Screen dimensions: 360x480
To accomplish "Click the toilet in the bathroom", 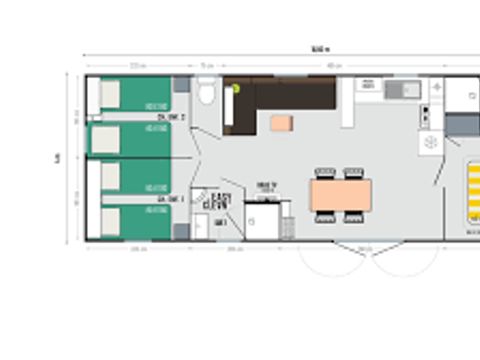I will [206, 94].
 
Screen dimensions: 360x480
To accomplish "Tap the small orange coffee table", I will [281, 123].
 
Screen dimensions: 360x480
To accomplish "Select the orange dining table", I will [340, 193].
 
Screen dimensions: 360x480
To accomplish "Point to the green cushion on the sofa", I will [236, 89].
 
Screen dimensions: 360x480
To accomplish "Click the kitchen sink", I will [405, 91].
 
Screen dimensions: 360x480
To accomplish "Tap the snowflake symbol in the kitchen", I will [431, 143].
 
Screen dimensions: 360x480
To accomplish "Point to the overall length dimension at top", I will [319, 48].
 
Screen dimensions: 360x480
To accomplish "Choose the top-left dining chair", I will [325, 173].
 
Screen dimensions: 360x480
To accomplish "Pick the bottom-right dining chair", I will [354, 215].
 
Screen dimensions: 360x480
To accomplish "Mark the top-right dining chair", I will [354, 173].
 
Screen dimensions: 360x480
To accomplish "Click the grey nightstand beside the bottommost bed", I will [181, 230].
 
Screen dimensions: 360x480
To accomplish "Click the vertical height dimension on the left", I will [58, 157].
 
